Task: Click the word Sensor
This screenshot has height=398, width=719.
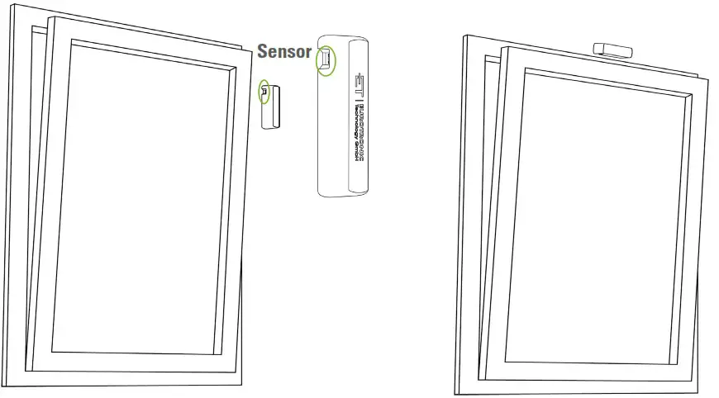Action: click(x=284, y=52)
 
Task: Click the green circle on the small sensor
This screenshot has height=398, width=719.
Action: click(x=264, y=92)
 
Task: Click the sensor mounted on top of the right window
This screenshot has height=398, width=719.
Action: click(x=613, y=48)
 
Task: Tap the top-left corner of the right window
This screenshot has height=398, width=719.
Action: click(x=465, y=36)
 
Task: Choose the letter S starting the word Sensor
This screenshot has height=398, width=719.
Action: click(x=264, y=52)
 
